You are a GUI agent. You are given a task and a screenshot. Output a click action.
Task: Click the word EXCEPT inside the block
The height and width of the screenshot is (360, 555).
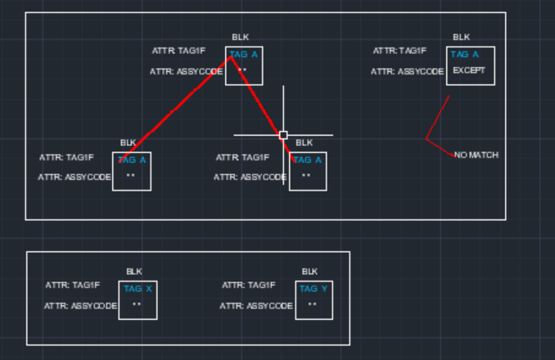pos(469,70)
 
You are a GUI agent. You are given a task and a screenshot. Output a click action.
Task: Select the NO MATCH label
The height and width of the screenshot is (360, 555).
pos(476,155)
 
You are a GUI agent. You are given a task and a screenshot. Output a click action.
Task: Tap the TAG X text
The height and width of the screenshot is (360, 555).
pos(138,289)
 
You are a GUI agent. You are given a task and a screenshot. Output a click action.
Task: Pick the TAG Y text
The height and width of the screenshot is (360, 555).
pos(314,289)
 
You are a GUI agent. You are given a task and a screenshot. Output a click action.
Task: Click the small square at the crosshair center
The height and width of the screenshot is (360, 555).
pos(283,135)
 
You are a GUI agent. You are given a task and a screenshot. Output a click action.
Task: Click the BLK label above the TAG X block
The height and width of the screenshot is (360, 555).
pos(134,271)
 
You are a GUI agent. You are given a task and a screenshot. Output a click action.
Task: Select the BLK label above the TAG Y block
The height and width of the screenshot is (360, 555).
pos(309,271)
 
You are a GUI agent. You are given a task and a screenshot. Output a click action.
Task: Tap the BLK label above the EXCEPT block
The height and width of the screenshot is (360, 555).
pos(462,37)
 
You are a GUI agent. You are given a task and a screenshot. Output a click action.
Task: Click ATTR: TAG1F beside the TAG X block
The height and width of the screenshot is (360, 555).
pos(73,286)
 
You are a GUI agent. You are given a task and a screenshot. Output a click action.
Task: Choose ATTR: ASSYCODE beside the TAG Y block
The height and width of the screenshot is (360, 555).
pos(256,306)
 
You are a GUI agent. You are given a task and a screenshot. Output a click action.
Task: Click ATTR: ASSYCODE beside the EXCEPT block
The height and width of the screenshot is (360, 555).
pos(407,72)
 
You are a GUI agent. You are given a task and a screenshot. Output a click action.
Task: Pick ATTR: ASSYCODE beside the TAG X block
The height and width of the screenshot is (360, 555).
pos(80,306)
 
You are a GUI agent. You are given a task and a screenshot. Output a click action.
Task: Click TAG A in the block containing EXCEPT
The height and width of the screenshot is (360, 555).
pos(464,55)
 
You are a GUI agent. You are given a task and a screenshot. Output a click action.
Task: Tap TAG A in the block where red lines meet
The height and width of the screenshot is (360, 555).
pos(244,55)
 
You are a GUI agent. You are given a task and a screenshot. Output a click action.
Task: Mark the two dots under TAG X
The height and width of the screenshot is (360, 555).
pos(137,304)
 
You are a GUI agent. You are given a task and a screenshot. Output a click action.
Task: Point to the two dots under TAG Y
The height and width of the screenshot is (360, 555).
pos(312,304)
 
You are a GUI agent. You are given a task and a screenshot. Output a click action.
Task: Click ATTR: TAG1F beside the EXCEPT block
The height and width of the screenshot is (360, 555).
pos(399,51)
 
